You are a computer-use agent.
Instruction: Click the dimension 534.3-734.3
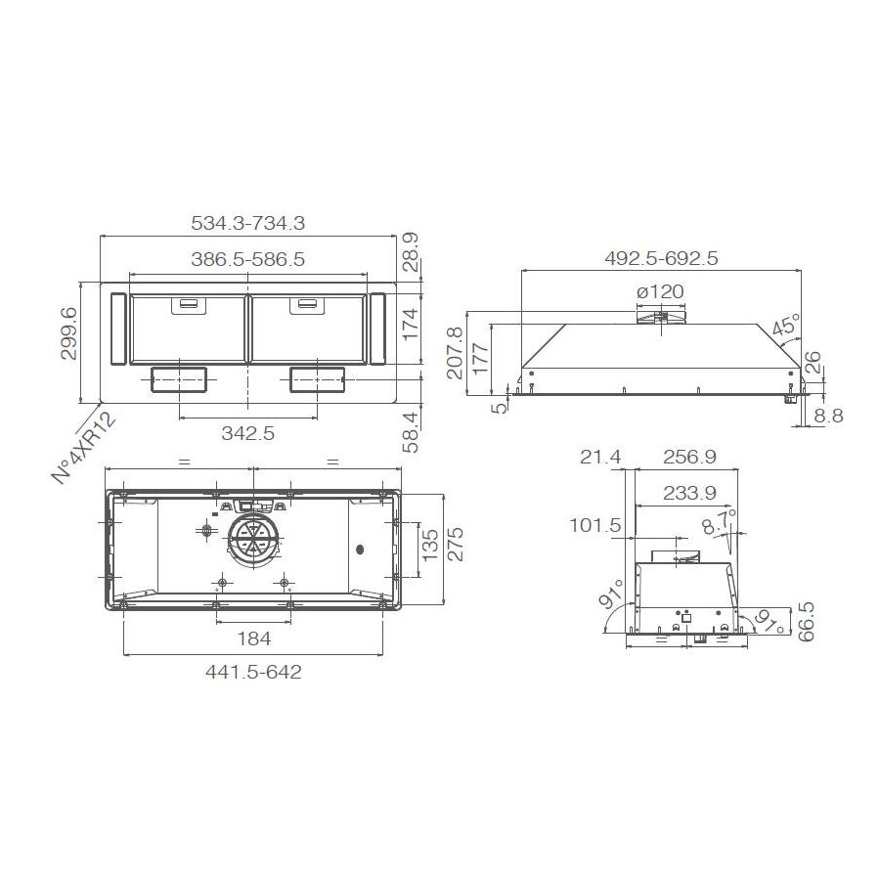247,223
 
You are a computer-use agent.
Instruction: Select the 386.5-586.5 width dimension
247,260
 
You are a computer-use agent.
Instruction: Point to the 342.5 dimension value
248,433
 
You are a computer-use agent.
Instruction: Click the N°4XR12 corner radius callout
84,448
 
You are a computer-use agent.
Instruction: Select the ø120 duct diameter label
659,291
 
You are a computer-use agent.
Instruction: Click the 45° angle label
785,326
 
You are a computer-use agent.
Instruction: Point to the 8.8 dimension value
827,417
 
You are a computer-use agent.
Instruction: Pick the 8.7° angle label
721,523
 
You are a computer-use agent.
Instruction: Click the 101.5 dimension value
595,526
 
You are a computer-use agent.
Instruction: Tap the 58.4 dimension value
411,431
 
